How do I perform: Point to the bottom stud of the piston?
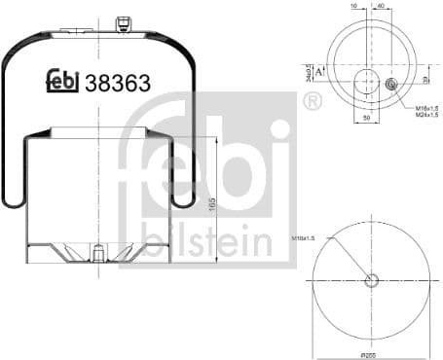99,256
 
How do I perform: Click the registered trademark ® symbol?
314,102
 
